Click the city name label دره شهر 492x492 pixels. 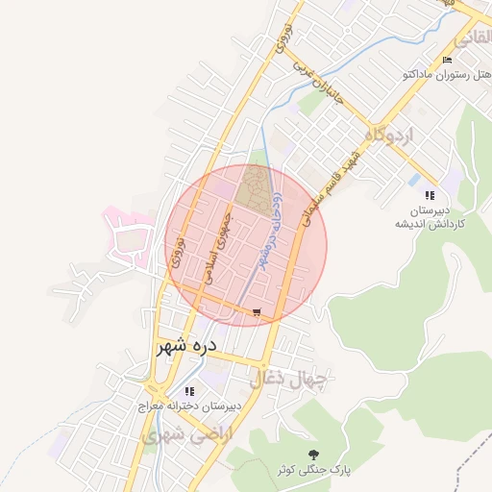(186, 345)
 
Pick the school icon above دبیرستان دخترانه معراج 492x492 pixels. (189, 391)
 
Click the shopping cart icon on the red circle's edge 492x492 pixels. (256, 312)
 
